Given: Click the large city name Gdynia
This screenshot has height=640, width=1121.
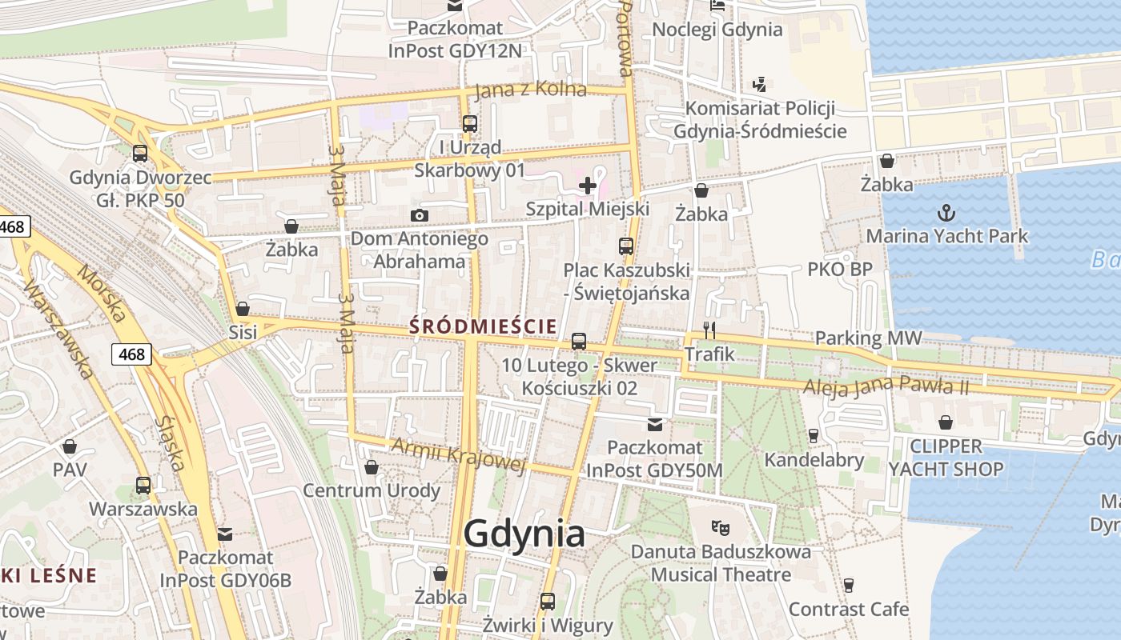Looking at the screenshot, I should point(524,534).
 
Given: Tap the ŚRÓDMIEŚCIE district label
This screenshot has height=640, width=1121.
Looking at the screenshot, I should point(483,326).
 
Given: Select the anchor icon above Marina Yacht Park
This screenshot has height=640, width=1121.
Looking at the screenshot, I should point(946,213).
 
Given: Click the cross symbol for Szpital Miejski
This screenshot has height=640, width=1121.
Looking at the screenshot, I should point(588,186).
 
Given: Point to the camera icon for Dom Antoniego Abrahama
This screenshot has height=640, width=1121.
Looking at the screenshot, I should point(419,215).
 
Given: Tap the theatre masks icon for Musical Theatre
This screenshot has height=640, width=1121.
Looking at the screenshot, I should point(721,528).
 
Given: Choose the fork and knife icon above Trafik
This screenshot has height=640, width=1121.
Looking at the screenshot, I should point(709,330).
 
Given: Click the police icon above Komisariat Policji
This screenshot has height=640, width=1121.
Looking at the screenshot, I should point(760,84).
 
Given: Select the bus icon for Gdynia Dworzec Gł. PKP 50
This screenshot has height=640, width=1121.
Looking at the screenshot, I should point(140,153).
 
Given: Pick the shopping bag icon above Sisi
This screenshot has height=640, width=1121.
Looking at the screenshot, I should point(243,309).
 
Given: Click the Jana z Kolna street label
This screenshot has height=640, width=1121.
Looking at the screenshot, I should point(531,90).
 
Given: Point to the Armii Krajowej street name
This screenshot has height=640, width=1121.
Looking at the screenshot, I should point(457,454).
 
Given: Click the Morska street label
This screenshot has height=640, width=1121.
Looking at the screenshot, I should point(102,293).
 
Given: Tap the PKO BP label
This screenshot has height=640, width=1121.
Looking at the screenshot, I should point(839,270).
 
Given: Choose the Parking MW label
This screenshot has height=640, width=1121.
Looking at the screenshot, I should point(868,338).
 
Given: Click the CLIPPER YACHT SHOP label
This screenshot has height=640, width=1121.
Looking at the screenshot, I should point(946,458).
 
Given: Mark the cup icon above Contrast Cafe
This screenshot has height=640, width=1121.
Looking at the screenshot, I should point(849,586).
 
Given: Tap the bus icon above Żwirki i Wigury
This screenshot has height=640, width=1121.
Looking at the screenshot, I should point(548,601).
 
